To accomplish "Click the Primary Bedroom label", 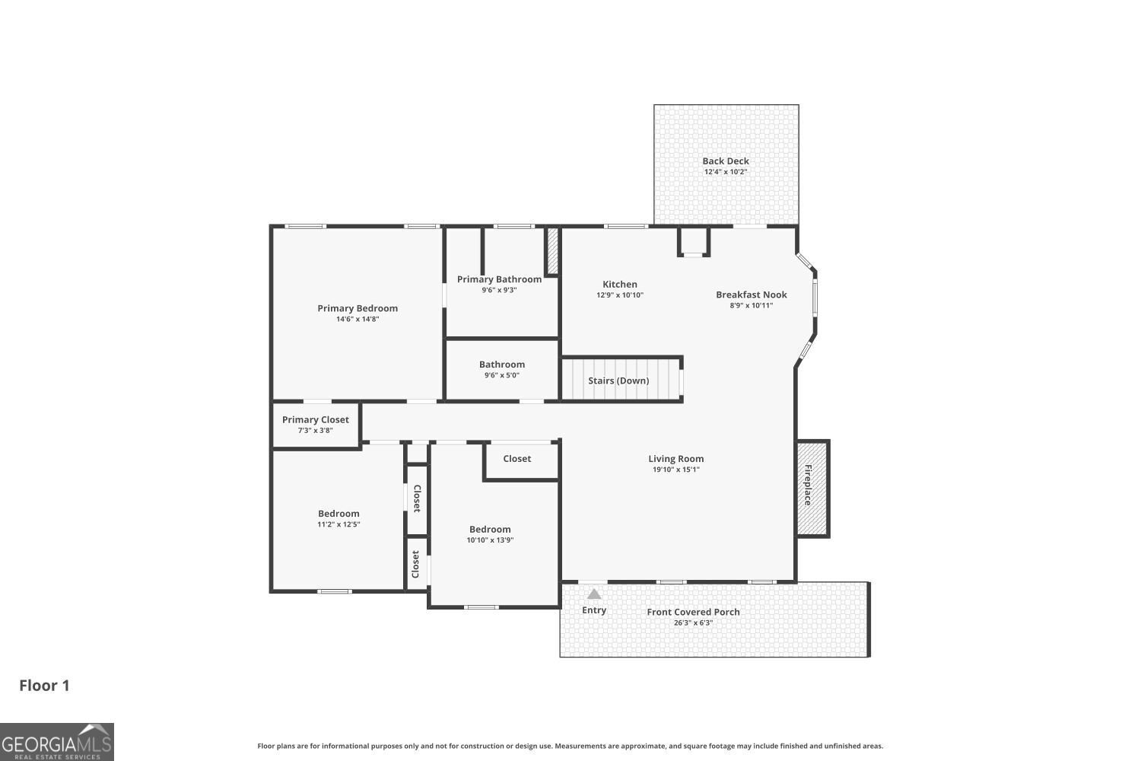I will pyautogui.click(x=358, y=308).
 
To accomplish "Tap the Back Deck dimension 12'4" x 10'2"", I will pyautogui.click(x=726, y=172).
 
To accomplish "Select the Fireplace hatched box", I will pyautogui.click(x=812, y=488).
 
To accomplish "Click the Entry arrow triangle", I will pyautogui.click(x=594, y=594).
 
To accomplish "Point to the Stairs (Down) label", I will pyautogui.click(x=618, y=380).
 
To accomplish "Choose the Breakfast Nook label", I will pyautogui.click(x=752, y=295).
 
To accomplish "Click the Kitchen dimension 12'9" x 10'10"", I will pyautogui.click(x=620, y=295).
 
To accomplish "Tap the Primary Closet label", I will pyautogui.click(x=315, y=419).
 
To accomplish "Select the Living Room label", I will pyautogui.click(x=675, y=458).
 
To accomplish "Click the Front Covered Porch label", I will pyautogui.click(x=693, y=612).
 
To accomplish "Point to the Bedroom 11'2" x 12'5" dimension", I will pyautogui.click(x=338, y=524).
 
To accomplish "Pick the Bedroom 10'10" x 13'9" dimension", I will pyautogui.click(x=490, y=540).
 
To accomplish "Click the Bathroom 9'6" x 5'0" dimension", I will pyautogui.click(x=501, y=375).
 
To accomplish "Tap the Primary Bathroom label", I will pyautogui.click(x=499, y=279).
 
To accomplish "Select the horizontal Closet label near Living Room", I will pyautogui.click(x=517, y=459).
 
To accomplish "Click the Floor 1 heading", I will pyautogui.click(x=44, y=686).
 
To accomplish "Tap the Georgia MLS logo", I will pyautogui.click(x=57, y=742).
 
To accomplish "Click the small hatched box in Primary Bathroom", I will pyautogui.click(x=552, y=250).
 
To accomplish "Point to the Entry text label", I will pyautogui.click(x=594, y=610).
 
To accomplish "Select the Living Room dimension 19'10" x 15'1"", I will pyautogui.click(x=675, y=470).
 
